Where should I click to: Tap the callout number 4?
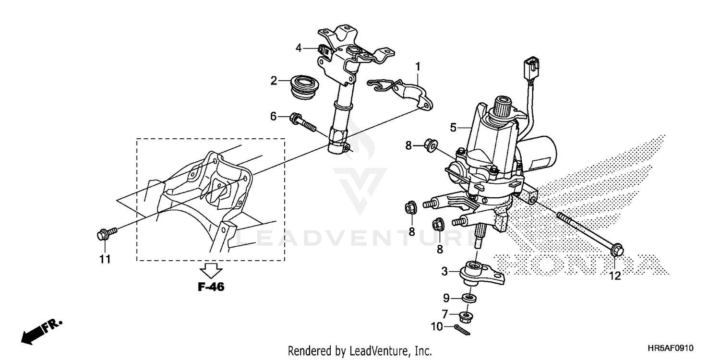299,48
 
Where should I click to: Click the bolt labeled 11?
106,234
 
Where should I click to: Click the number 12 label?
615,276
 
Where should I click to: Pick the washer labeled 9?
468,299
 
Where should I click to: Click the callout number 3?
445,272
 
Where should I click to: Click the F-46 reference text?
211,288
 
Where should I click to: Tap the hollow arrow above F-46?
211,270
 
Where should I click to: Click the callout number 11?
105,259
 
